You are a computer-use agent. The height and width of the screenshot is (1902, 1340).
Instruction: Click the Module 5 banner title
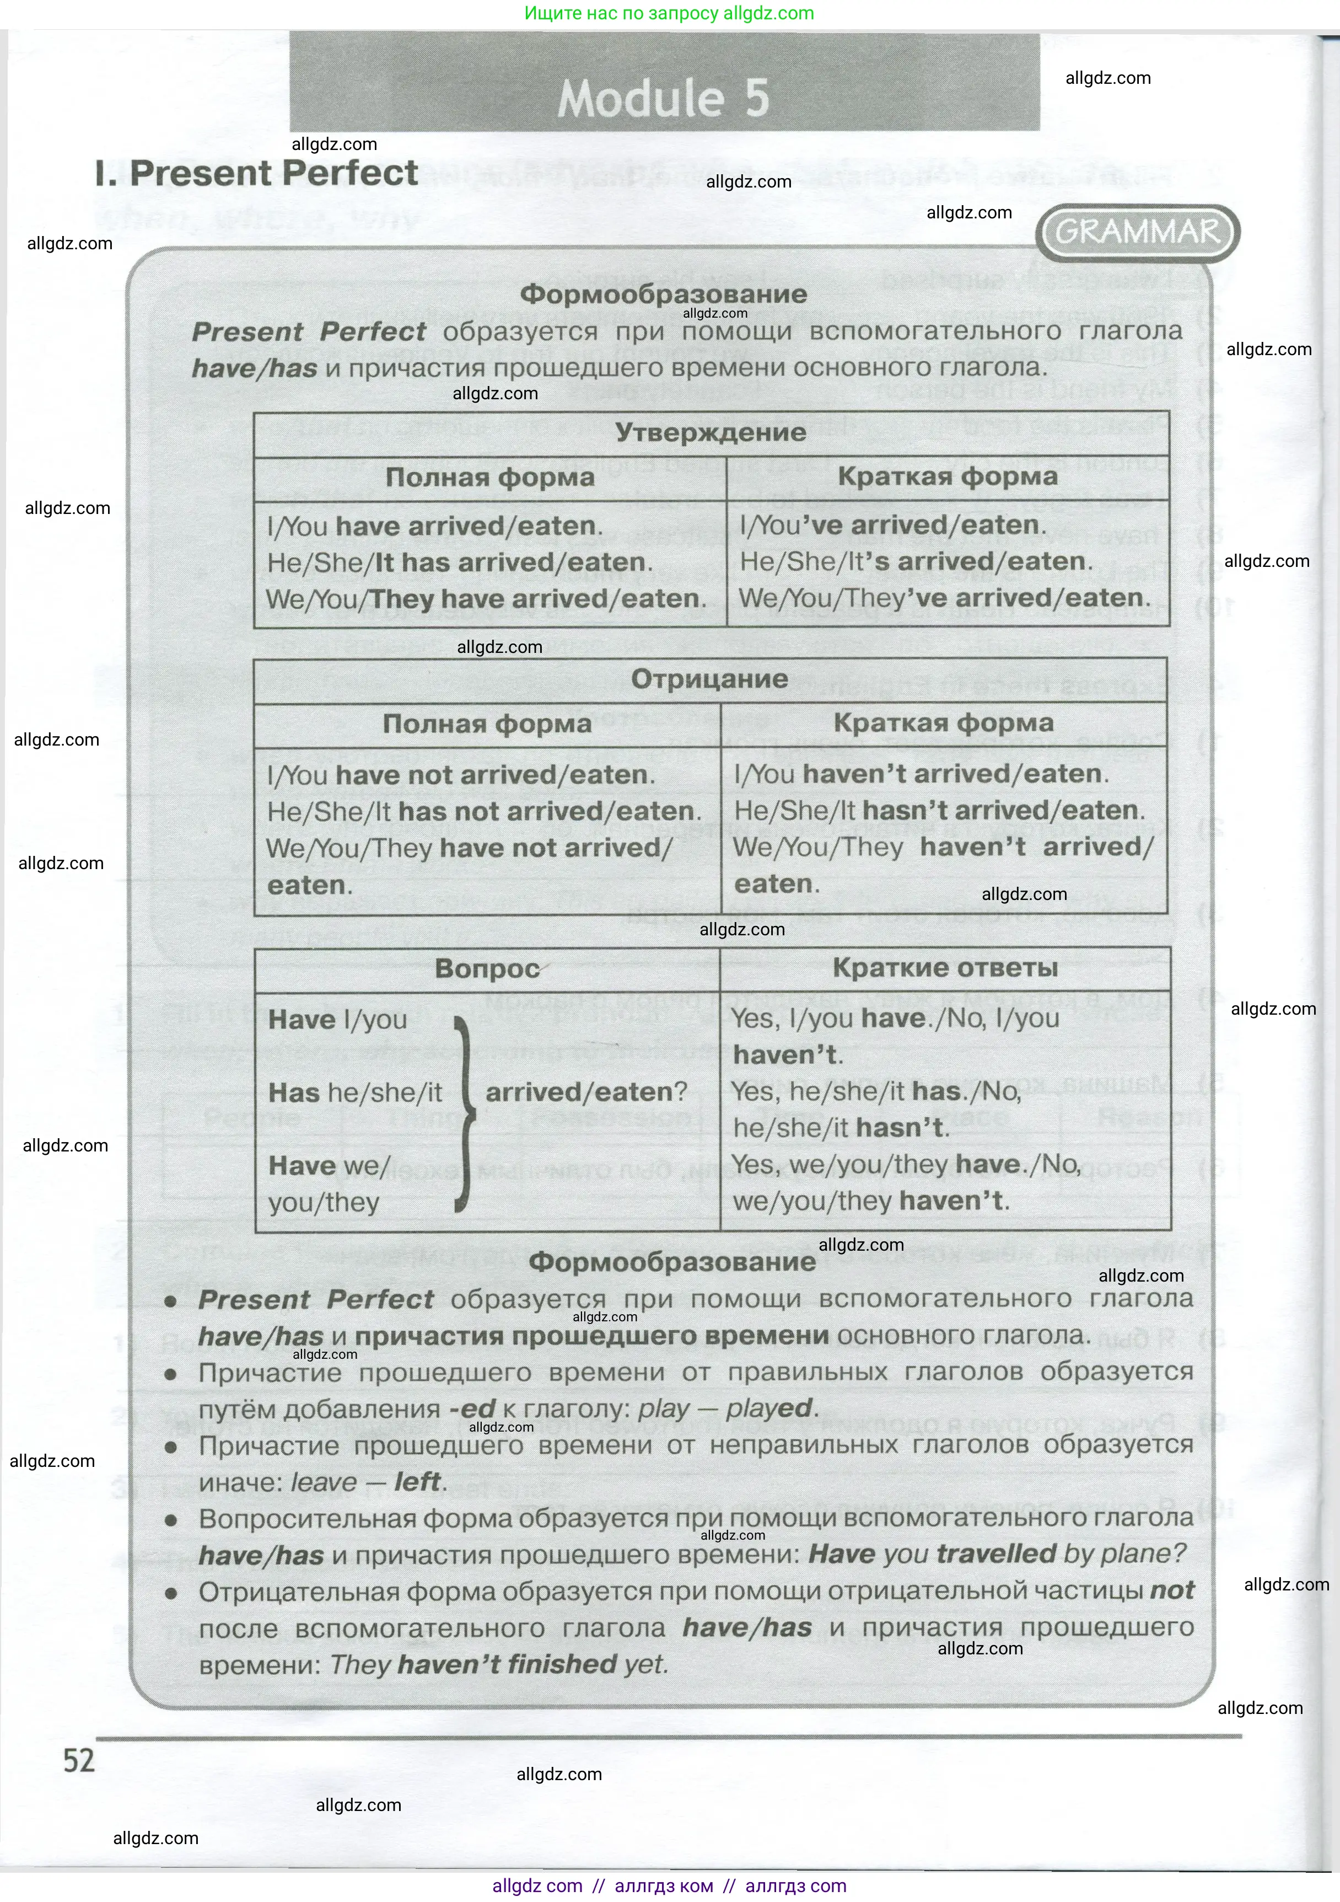click(x=663, y=99)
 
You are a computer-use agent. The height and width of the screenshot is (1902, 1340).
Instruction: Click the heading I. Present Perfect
click(x=257, y=174)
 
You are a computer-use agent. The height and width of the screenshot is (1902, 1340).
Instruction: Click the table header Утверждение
click(x=711, y=432)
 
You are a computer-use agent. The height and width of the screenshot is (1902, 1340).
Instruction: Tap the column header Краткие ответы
click(x=945, y=968)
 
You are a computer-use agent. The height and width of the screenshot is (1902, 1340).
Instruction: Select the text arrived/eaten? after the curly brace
click(x=586, y=1092)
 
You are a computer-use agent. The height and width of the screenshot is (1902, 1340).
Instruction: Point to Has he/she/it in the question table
click(x=356, y=1092)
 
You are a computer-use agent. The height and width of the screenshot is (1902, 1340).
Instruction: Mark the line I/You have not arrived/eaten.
click(x=460, y=775)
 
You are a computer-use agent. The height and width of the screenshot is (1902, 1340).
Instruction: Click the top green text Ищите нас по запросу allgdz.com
click(x=669, y=13)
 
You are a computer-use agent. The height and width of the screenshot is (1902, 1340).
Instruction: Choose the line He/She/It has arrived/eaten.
click(x=460, y=562)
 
